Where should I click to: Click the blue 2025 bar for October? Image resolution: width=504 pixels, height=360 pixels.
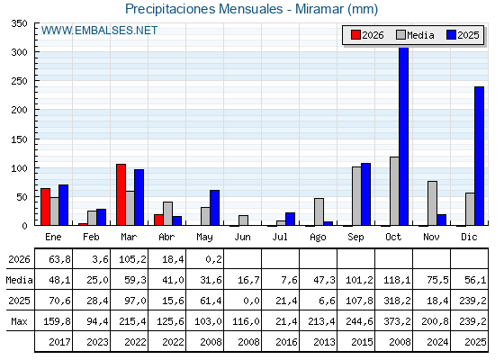[404, 136]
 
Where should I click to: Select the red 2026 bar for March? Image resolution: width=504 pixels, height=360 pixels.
[121, 194]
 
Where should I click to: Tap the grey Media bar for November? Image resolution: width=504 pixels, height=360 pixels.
[432, 203]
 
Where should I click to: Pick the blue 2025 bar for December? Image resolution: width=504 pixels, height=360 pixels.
[479, 156]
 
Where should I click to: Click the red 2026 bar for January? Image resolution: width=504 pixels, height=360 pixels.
[45, 207]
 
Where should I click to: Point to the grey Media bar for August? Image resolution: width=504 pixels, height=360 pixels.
[319, 211]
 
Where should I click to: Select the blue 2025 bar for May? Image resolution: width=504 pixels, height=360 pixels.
[215, 208]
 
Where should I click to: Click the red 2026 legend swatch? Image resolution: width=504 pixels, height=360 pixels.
[355, 35]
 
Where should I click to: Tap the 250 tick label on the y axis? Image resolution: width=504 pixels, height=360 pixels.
[19, 81]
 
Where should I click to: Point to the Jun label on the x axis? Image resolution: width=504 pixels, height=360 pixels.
[242, 238]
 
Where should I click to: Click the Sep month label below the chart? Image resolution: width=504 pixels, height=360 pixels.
[355, 238]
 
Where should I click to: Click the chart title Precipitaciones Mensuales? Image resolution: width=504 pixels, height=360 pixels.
[204, 9]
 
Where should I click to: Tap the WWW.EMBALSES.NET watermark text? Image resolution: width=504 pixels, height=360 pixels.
[100, 31]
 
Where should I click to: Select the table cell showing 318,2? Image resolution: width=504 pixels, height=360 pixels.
[397, 301]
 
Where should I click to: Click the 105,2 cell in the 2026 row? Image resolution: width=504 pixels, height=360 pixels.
[132, 259]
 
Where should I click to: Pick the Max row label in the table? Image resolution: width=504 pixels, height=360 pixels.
[19, 321]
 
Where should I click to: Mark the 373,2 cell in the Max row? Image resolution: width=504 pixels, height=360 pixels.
[397, 321]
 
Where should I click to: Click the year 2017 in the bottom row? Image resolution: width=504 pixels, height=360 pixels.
[59, 342]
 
